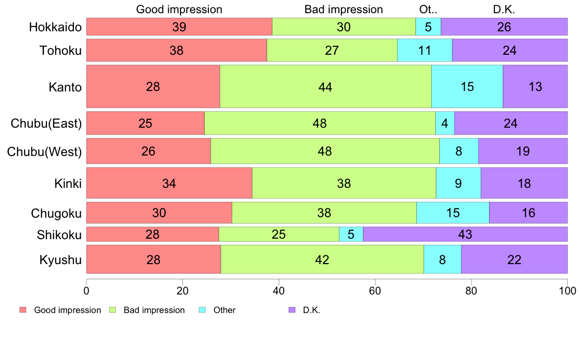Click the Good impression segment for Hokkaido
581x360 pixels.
pyautogui.click(x=179, y=27)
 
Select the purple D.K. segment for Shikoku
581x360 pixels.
pyautogui.click(x=465, y=234)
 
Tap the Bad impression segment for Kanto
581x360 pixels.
pyautogui.click(x=325, y=87)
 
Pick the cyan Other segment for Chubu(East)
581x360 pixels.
pyautogui.click(x=445, y=123)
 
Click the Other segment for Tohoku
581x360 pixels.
pyautogui.click(x=425, y=50)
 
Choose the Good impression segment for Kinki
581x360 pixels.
pyautogui.click(x=169, y=183)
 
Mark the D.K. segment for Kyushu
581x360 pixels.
pyautogui.click(x=514, y=259)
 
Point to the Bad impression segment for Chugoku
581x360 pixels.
pyautogui.click(x=324, y=213)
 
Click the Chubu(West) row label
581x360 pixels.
pyautogui.click(x=45, y=152)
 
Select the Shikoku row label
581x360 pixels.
pyautogui.click(x=59, y=235)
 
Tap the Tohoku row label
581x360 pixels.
pyautogui.click(x=61, y=51)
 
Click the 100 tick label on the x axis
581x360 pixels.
pyautogui.click(x=567, y=291)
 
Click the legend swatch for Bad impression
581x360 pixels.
pyautogui.click(x=112, y=310)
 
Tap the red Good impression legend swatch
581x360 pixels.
pyautogui.click(x=22, y=310)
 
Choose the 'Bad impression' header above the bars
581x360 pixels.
pyautogui.click(x=343, y=9)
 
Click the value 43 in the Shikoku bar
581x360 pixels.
pyautogui.click(x=465, y=234)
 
